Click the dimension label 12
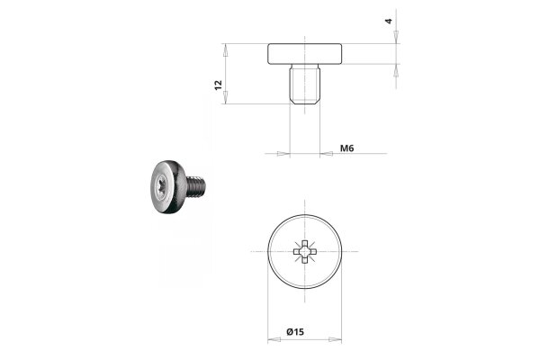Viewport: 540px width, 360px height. [x=219, y=85]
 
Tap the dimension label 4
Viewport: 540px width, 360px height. [x=389, y=21]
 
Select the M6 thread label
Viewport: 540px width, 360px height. [x=346, y=148]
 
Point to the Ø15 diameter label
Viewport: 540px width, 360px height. [x=295, y=332]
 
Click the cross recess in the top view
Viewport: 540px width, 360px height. [x=304, y=251]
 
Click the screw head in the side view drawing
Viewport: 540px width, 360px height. [x=305, y=54]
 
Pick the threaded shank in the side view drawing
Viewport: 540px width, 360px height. [x=305, y=84]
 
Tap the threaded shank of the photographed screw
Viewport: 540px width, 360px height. [x=196, y=186]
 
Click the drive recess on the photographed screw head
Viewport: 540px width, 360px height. [x=163, y=186]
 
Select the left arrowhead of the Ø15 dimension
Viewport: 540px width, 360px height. [x=274, y=339]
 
